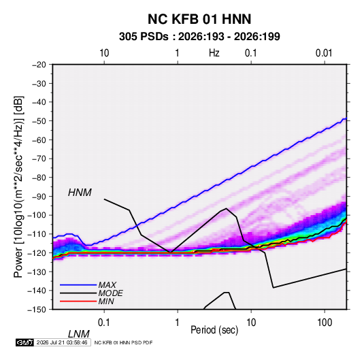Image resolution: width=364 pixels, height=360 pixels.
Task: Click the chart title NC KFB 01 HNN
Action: [x=199, y=19]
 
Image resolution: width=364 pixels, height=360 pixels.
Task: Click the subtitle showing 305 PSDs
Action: [x=199, y=37]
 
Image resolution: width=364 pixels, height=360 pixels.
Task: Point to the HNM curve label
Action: [x=80, y=193]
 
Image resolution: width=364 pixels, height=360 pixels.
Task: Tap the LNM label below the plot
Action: [x=79, y=334]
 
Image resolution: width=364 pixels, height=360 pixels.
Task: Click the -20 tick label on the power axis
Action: [x=39, y=65]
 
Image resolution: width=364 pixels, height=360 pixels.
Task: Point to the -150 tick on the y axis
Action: [x=37, y=310]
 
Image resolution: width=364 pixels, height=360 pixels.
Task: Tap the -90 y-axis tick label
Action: [x=39, y=196]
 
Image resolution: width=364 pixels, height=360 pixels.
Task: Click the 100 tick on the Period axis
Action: [x=325, y=323]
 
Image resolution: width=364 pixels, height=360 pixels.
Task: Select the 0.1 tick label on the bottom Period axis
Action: [x=103, y=323]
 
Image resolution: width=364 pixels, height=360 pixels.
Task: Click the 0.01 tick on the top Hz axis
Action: [x=324, y=53]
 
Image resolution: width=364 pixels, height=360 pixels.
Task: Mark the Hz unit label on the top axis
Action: [x=214, y=53]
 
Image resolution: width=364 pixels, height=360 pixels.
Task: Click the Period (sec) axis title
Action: [x=214, y=330]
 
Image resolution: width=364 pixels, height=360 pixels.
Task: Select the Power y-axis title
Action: [x=19, y=187]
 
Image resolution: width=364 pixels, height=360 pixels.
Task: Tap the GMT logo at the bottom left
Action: [x=25, y=342]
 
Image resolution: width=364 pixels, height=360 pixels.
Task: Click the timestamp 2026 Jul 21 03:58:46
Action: [x=62, y=342]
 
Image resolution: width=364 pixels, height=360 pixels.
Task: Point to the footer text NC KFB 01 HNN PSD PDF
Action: [x=124, y=343]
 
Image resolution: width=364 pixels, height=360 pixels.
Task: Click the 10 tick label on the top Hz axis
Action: [x=104, y=53]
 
